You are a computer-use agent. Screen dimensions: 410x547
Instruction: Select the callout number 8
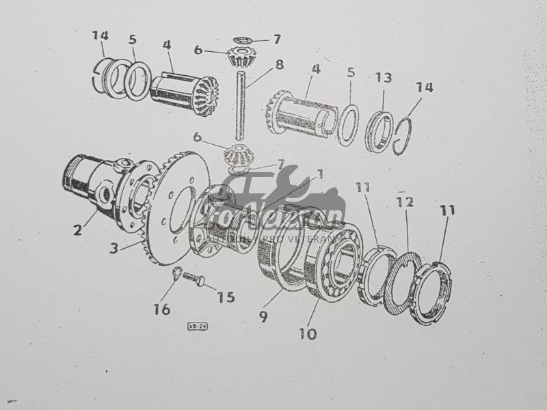279,66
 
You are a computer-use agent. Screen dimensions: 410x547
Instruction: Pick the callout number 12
405,202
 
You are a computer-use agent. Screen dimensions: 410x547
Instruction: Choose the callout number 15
225,297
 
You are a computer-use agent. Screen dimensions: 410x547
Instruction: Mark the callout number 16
161,309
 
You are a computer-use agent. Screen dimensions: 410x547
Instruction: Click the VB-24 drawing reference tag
198,327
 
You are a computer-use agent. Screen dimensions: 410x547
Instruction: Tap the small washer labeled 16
176,274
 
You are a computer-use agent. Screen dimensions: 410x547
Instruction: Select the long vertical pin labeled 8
241,102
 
